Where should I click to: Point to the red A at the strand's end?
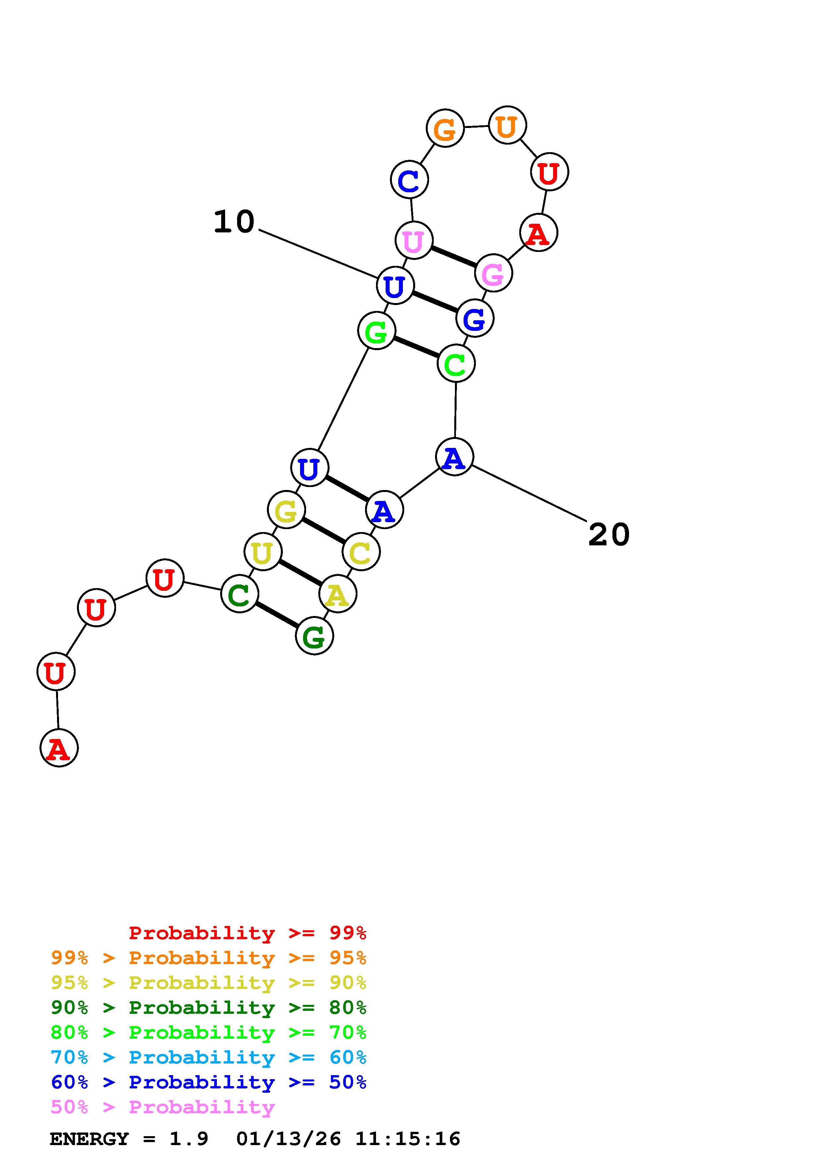click(59, 748)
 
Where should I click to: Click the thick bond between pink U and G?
click(453, 257)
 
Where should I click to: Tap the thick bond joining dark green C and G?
click(277, 615)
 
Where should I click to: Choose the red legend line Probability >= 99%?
click(247, 933)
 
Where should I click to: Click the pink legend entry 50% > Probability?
click(162, 1107)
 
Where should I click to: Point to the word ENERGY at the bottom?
click(89, 1139)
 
